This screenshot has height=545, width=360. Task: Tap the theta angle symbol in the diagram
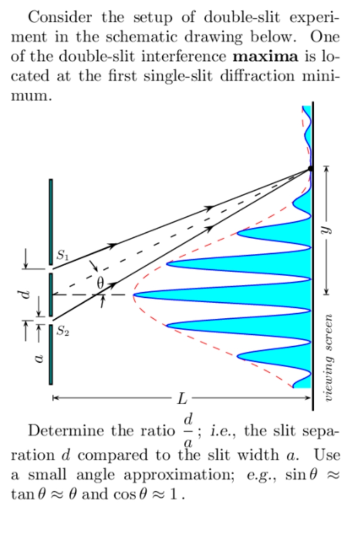click(x=101, y=283)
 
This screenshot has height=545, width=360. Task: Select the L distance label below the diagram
click(x=182, y=398)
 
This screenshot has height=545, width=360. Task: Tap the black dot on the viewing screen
click(x=310, y=168)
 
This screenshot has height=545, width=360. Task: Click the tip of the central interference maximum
click(x=135, y=295)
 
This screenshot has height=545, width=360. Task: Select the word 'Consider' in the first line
click(x=60, y=17)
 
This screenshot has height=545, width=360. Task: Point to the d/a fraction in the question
click(x=188, y=430)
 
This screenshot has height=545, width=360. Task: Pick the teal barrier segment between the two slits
click(x=51, y=294)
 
